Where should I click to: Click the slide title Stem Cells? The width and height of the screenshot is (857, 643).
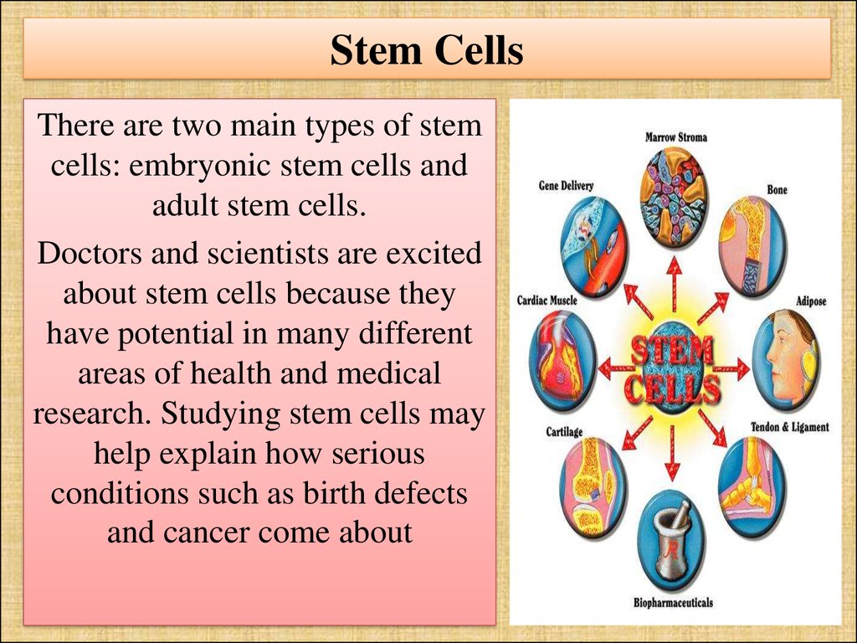click(x=427, y=50)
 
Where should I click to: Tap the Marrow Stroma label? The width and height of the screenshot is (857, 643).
click(x=676, y=137)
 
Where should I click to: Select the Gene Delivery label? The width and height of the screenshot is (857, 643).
click(x=566, y=186)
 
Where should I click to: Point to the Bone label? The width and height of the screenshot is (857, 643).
click(x=777, y=190)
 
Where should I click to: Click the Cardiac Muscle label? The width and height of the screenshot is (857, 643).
click(x=547, y=301)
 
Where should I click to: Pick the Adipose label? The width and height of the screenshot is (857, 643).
click(x=811, y=301)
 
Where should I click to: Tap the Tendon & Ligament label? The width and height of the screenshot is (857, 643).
click(x=790, y=427)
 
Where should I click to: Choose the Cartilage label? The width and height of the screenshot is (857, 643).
click(x=564, y=432)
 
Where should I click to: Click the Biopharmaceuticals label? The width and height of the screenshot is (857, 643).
click(x=673, y=603)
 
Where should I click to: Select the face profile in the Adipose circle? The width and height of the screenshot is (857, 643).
click(x=787, y=360)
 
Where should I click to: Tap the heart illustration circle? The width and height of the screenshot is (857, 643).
click(x=562, y=361)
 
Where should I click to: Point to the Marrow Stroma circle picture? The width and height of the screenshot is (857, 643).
click(x=674, y=198)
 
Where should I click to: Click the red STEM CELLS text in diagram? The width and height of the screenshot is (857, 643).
click(x=672, y=369)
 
